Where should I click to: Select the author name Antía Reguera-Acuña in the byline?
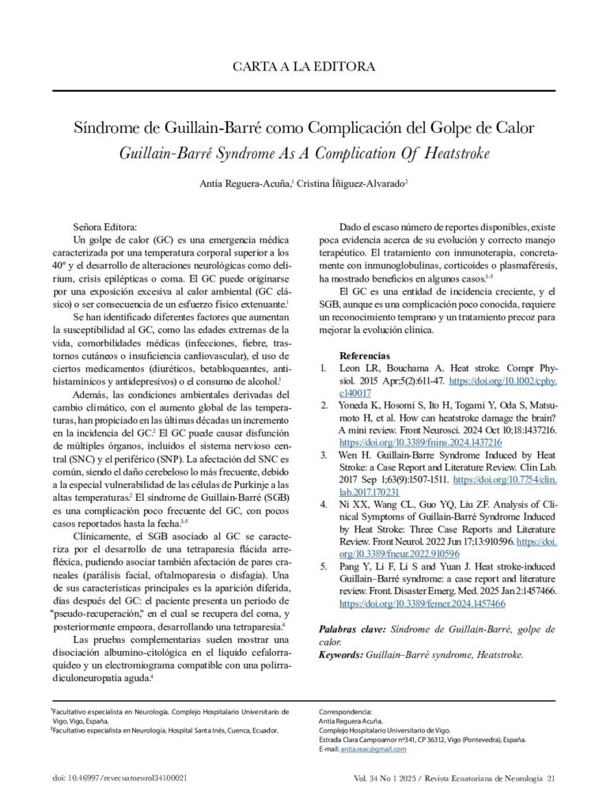246,184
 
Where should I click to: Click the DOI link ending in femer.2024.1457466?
422,603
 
